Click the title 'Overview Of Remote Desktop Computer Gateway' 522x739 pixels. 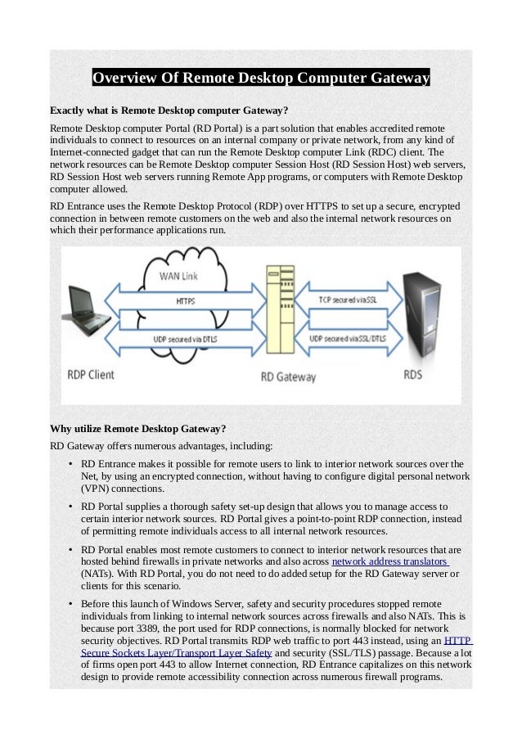coord(260,79)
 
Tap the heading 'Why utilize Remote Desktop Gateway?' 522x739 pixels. coord(138,428)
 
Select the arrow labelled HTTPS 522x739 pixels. coord(186,301)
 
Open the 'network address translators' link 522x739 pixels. coord(389,562)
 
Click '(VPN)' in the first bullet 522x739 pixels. coord(95,489)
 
